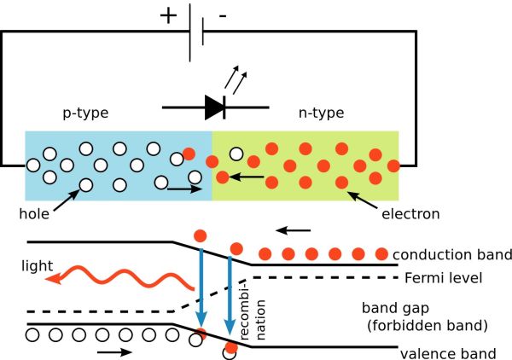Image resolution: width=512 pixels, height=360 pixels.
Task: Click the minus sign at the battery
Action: pos(223,15)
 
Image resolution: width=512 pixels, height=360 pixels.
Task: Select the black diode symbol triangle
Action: pos(213,107)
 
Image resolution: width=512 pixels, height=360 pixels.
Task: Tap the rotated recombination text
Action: pos(245,316)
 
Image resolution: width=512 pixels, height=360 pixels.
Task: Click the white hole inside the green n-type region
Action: pos(236,155)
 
